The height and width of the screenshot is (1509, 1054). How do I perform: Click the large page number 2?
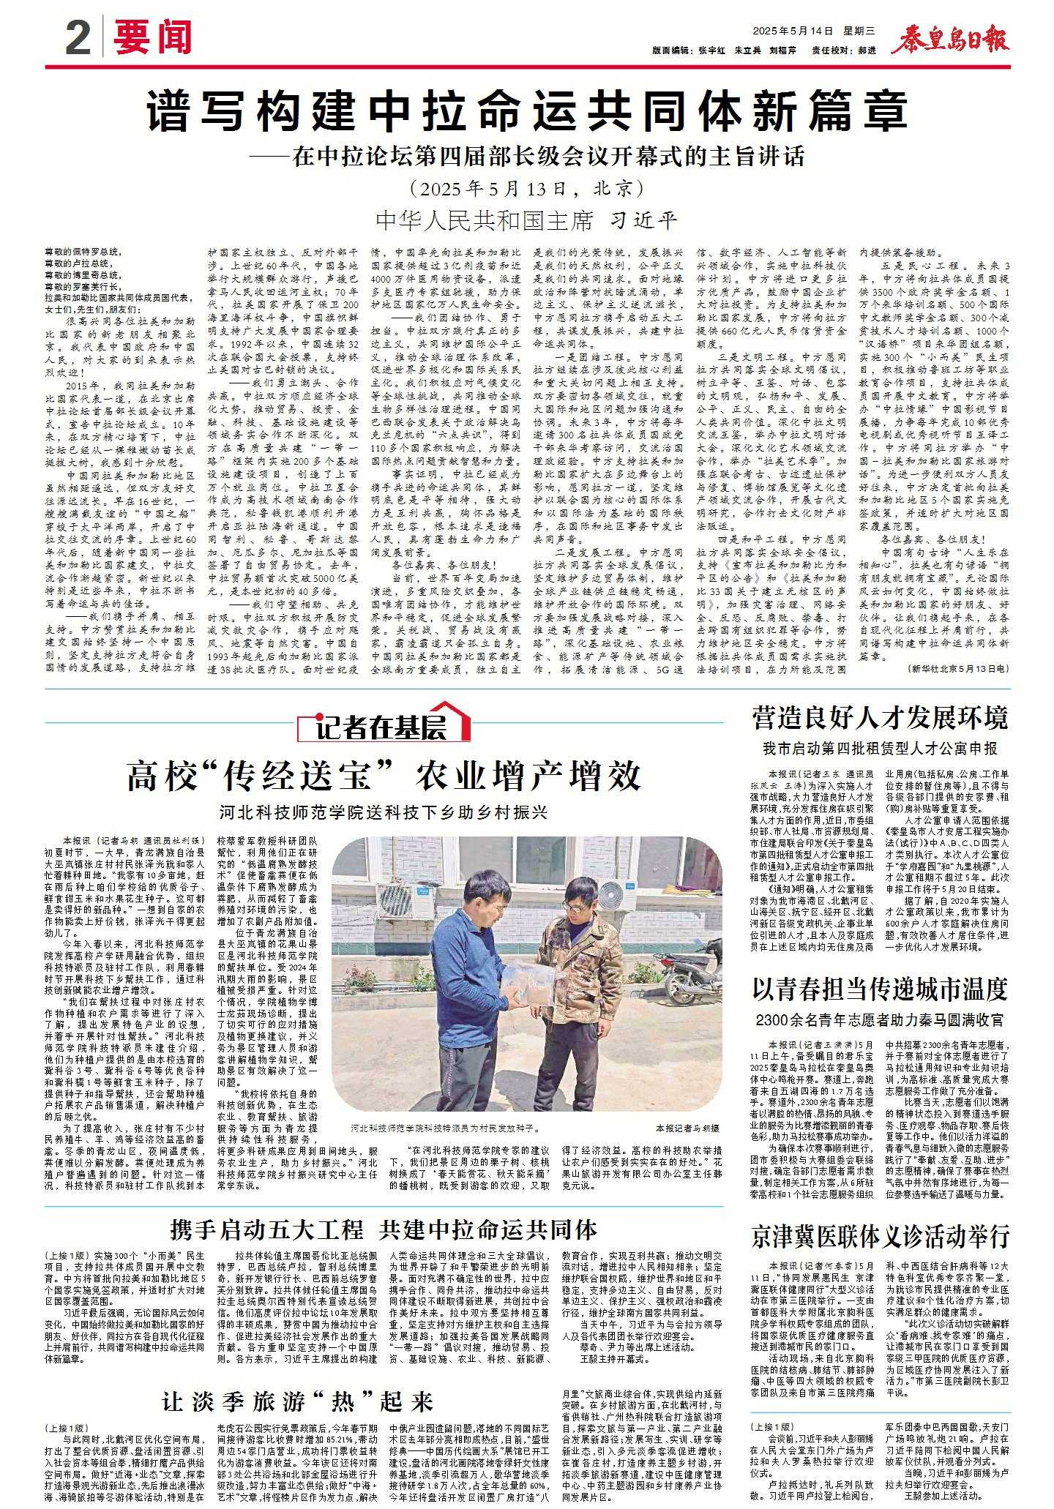78,39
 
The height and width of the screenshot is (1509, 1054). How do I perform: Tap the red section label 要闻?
153,38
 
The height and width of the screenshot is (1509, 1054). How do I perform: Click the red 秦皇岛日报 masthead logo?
950,40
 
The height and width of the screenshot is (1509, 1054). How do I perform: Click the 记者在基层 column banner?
384,726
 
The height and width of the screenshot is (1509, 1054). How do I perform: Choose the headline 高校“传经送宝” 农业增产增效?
384,776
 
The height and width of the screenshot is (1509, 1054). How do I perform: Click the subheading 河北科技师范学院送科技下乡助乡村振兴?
384,812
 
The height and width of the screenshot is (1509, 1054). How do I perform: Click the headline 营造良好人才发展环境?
880,717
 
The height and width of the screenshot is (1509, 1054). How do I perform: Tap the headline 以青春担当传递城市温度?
880,989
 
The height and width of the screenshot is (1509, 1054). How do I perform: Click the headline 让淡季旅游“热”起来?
298,1401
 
